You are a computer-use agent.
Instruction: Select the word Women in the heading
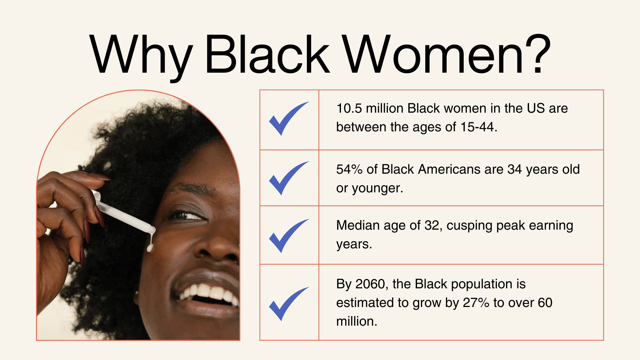(x=433, y=54)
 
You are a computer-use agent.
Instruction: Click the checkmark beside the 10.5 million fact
(x=289, y=119)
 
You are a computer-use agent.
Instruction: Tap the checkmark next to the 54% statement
(x=289, y=178)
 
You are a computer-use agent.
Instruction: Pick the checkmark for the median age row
(x=289, y=236)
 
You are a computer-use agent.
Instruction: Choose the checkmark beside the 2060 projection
(x=289, y=304)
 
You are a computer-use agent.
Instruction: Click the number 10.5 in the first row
(x=349, y=108)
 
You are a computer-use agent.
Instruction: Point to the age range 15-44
(x=477, y=127)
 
